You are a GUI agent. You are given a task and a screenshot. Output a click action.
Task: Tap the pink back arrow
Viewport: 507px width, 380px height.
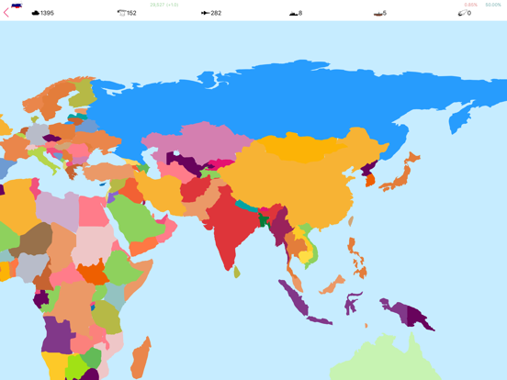coord(6,13)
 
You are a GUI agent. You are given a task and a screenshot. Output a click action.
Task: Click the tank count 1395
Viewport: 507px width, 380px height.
coord(46,13)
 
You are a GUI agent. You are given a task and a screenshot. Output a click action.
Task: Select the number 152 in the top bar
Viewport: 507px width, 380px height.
coord(131,13)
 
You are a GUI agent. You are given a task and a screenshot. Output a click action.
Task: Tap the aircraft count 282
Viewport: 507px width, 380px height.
coord(216,13)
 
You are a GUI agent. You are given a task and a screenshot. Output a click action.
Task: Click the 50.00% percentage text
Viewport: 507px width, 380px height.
coord(493,5)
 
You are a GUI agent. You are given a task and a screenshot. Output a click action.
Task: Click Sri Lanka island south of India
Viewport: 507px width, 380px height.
coord(237,271)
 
